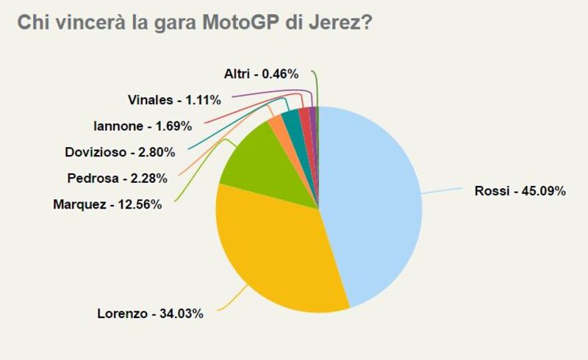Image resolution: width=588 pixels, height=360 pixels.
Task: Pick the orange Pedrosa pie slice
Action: (276, 122)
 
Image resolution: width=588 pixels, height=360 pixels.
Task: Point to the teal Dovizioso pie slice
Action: (291, 118)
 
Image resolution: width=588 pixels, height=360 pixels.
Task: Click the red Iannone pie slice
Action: (304, 115)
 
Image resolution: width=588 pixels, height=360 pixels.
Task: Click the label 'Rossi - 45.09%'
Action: (520, 192)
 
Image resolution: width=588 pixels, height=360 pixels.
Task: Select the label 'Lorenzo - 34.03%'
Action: (150, 314)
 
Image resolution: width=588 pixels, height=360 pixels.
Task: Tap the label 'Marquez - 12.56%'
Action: (107, 204)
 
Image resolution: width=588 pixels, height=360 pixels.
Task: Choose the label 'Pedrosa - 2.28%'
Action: (117, 178)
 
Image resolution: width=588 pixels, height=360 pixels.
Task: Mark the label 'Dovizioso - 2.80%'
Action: (120, 152)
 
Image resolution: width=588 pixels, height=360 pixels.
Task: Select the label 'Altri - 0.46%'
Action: (261, 73)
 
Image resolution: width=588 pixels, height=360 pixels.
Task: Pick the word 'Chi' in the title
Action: (30, 23)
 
